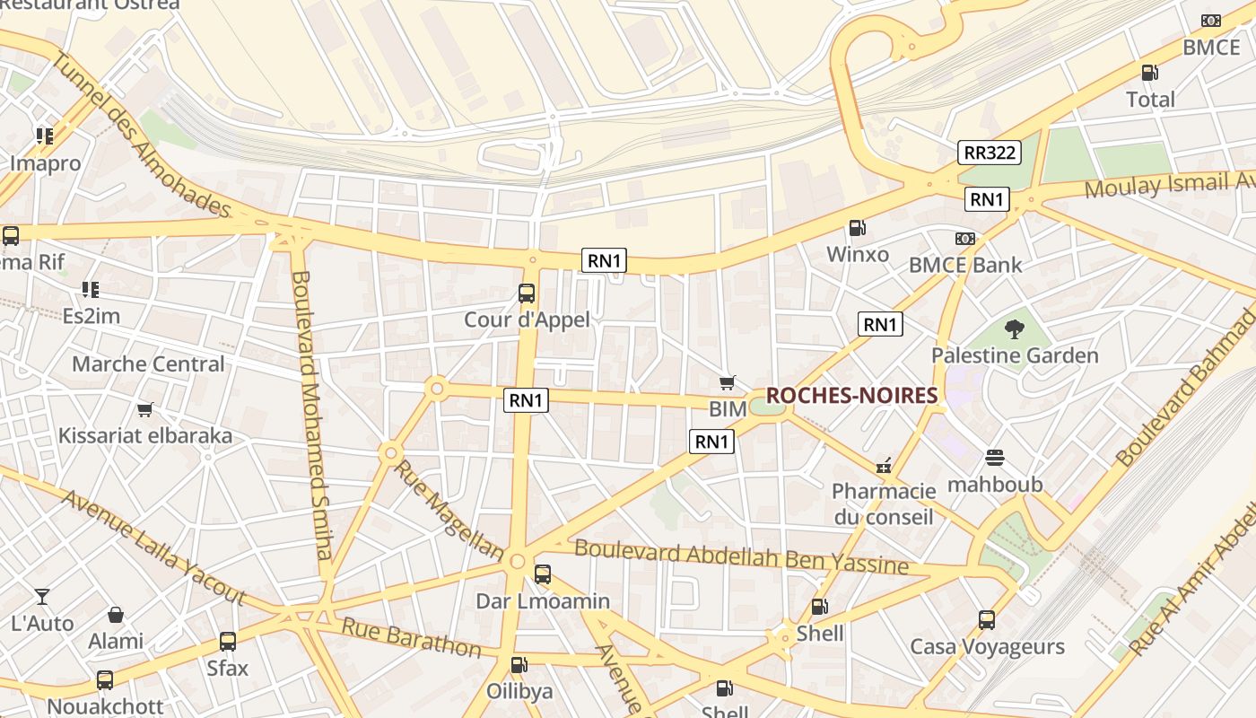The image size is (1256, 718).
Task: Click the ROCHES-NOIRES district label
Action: pos(851,396)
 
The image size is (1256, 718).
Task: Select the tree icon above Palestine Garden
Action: pos(1015,329)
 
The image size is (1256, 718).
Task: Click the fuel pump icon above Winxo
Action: pos(857,229)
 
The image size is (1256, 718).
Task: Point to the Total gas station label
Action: pos(1150,100)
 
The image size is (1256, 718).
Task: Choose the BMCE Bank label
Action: pos(965,265)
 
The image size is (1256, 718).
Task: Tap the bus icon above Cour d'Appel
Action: pos(527,293)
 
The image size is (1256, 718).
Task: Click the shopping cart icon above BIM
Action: pos(728,383)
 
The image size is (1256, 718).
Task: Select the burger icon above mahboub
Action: pos(995,459)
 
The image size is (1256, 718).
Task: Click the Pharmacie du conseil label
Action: pos(884,503)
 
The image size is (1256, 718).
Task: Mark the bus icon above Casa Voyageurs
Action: pos(987,620)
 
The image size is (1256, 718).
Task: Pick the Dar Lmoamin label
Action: pos(543,601)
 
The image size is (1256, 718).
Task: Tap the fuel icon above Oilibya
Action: pos(519,665)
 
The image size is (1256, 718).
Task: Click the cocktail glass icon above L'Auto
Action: pos(42,597)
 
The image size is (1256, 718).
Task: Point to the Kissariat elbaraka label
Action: pos(145,436)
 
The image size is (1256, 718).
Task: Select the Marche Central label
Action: pos(148,364)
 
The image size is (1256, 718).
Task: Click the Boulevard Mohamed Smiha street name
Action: pos(312,413)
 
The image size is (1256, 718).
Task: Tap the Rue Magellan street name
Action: pos(449,509)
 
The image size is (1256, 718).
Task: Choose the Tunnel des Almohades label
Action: pos(141,135)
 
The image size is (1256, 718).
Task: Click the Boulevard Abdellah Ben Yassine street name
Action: pos(741,556)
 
